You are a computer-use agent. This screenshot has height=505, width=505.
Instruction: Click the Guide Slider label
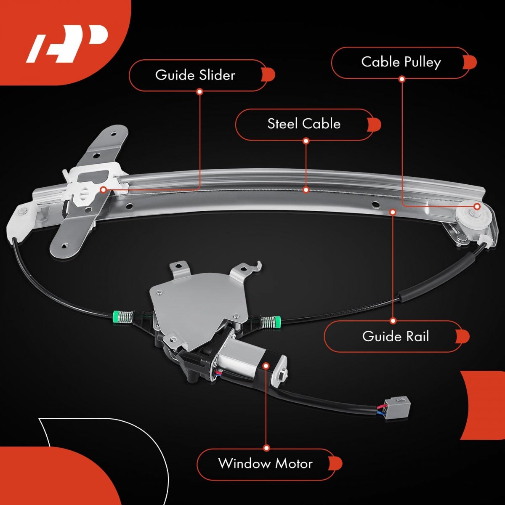pos(195,75)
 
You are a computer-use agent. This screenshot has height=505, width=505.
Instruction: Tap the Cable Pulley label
pos(401,62)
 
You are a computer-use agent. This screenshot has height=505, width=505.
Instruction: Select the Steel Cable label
pos(304,124)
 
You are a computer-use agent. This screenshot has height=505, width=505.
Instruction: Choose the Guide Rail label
pos(396,336)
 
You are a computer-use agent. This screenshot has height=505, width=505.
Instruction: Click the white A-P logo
pos(66,44)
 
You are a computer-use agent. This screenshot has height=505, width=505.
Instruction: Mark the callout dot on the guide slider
pos(104,189)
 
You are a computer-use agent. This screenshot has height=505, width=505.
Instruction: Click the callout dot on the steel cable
pos(306,190)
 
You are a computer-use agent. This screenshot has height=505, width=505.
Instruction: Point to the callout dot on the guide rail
pos(393,212)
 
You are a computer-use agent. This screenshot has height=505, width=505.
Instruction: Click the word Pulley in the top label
pos(423,63)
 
